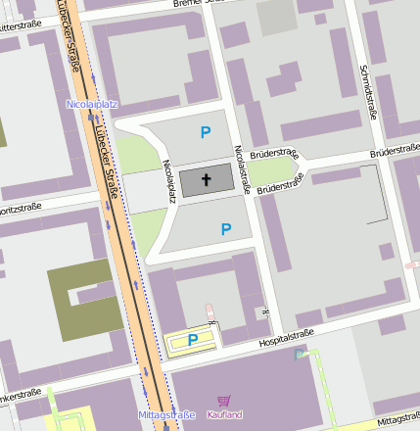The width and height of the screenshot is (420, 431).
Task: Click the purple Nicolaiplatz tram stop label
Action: (92, 103)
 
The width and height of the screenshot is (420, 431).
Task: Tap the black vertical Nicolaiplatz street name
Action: (168, 180)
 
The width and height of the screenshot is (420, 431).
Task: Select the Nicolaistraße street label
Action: (240, 168)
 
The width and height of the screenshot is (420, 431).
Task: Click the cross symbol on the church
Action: (207, 179)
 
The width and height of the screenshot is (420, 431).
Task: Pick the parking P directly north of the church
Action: (206, 132)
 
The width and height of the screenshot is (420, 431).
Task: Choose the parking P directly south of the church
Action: (226, 229)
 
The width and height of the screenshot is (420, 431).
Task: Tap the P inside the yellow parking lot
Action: (193, 340)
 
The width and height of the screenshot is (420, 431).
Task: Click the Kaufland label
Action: (224, 414)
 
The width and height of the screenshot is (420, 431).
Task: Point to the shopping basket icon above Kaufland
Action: (224, 401)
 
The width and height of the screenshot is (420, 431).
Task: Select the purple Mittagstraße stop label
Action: (166, 414)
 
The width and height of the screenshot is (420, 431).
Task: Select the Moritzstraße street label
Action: (24, 210)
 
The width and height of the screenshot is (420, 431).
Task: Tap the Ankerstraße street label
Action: (22, 396)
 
